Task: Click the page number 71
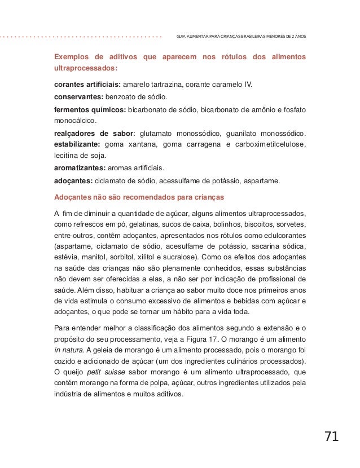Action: tap(331, 436)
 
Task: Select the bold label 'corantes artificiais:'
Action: tap(87, 85)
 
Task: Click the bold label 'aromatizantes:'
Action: tap(78, 169)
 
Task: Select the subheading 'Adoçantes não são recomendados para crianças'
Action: tap(139, 197)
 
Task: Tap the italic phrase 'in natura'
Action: tap(69, 350)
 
